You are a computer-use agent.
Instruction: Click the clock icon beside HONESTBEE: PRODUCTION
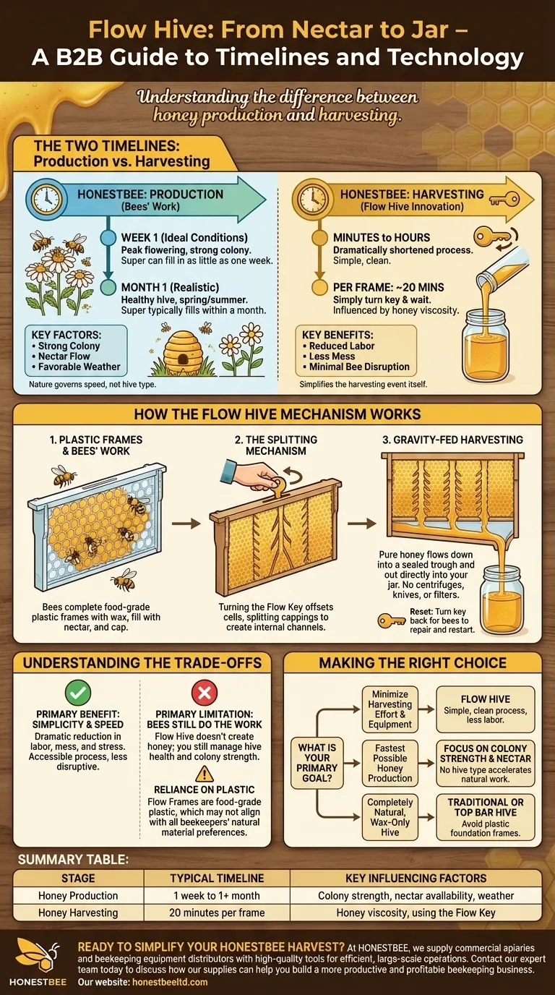(46, 199)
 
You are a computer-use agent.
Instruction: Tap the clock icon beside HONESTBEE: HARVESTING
(313, 199)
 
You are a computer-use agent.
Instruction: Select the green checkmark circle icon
(78, 692)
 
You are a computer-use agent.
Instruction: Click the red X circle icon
(205, 692)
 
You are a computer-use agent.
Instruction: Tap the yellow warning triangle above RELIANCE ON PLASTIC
(205, 774)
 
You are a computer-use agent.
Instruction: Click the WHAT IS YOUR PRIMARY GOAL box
(317, 763)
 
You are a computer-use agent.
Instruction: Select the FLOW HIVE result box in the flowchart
(486, 709)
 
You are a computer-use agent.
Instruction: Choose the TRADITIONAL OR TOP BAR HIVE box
(486, 817)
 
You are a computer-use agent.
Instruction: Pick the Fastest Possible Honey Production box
(390, 763)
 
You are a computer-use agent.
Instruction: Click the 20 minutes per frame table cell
(217, 913)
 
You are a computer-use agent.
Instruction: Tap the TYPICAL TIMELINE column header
(217, 878)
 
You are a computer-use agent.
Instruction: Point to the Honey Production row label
(78, 895)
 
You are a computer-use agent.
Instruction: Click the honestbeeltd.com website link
(170, 982)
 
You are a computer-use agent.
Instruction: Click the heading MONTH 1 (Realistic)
(170, 287)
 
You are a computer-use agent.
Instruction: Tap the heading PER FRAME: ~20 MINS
(389, 287)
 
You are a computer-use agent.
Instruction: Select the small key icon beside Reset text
(391, 620)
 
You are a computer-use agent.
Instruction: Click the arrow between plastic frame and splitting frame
(186, 524)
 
